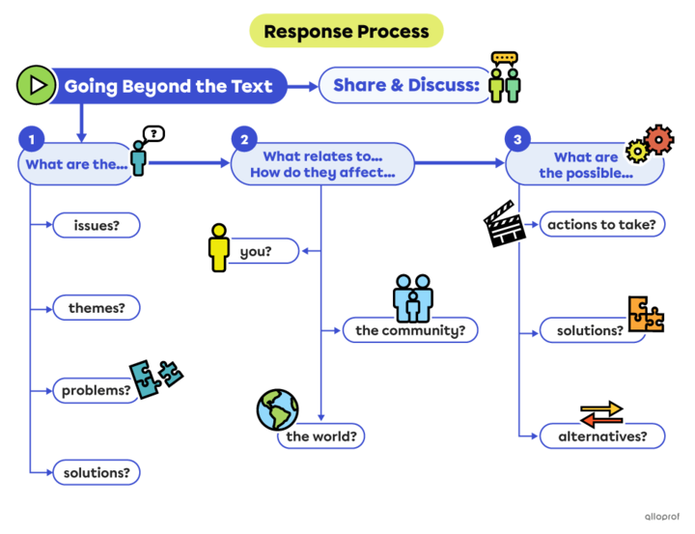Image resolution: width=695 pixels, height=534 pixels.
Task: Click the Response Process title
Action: tap(347, 31)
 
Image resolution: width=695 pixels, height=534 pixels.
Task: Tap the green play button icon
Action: tap(36, 86)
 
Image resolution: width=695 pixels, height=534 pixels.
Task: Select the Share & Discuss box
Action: tap(405, 86)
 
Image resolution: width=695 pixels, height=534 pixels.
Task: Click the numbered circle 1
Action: tap(32, 140)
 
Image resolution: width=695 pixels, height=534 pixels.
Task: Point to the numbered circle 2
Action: tap(243, 140)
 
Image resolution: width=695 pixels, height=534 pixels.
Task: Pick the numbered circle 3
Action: tap(518, 140)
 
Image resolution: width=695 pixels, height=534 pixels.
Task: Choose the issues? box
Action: tap(96, 225)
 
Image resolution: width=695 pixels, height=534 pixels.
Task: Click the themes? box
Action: tap(96, 308)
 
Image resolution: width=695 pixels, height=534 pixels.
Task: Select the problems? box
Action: tap(96, 390)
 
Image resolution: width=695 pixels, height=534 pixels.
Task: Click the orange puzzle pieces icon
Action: tap(646, 314)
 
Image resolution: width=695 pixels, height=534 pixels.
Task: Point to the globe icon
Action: tap(278, 409)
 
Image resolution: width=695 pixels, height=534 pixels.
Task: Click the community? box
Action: tap(410, 330)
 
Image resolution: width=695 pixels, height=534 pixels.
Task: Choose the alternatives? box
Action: tap(601, 436)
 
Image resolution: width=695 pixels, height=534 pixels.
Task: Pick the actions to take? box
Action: tap(601, 224)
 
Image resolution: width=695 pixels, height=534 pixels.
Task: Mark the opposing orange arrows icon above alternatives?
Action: tap(601, 412)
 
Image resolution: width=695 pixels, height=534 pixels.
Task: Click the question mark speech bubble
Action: tap(154, 133)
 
